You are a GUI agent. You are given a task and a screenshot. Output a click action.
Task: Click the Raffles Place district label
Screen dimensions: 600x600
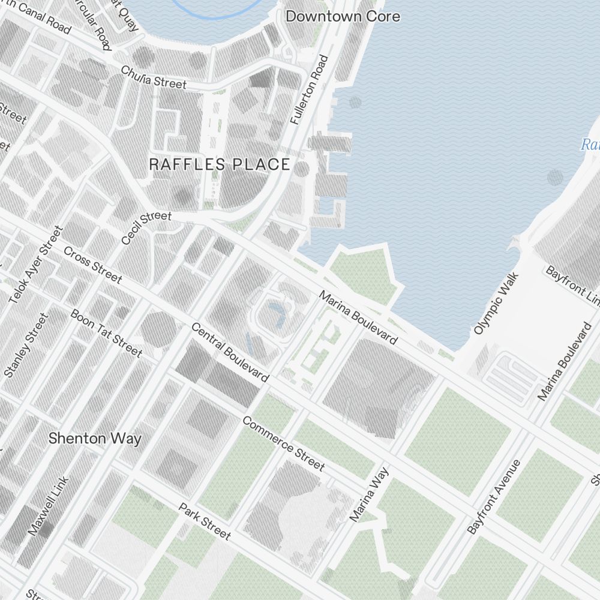[x=219, y=164]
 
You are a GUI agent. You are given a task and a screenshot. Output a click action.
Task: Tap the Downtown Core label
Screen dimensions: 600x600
[x=343, y=16]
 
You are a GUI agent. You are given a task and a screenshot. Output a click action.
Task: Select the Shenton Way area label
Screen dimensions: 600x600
[x=95, y=439]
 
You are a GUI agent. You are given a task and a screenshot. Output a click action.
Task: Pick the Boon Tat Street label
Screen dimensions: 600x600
[x=106, y=333]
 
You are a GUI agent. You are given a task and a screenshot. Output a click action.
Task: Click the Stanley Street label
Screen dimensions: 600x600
[x=25, y=346]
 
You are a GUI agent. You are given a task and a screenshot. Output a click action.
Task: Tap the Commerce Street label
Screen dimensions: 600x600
[x=283, y=443]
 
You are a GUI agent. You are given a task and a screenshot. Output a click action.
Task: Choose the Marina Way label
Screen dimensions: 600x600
[x=369, y=494]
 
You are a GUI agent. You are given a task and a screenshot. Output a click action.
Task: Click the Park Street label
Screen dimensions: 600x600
[x=204, y=521]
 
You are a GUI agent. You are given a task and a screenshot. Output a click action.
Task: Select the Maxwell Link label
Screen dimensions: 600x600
[x=49, y=506]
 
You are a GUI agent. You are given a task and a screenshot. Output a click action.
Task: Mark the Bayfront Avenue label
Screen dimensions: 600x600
[x=493, y=496]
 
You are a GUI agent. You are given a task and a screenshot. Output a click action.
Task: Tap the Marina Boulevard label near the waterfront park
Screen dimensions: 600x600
[x=358, y=318]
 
